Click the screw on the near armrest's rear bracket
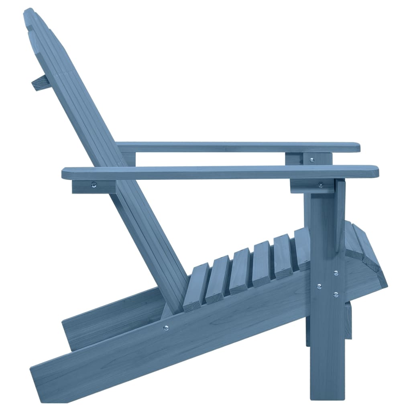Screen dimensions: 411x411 coord(94,185)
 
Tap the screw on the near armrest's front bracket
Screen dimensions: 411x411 coord(320,185)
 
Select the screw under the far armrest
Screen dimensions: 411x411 coord(312,160)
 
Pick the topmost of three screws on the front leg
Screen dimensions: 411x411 coord(336,273)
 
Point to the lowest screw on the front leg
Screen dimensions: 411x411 coord(336,295)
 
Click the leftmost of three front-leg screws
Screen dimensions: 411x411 coord(319,287)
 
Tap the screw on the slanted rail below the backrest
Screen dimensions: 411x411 coord(166,328)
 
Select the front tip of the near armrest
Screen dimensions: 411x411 coord(375,172)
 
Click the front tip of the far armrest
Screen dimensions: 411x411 coord(357,148)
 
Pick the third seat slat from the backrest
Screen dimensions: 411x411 coord(240,271)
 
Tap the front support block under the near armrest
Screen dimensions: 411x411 coord(312,186)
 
